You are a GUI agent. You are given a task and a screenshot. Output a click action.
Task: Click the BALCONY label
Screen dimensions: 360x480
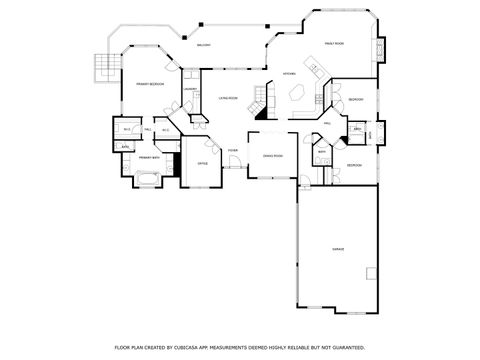203,46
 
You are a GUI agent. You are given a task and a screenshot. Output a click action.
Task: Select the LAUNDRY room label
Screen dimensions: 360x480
188,89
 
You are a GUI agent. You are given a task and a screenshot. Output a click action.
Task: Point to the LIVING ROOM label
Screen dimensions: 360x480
227,98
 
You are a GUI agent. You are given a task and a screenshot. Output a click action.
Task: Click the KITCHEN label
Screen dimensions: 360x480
288,74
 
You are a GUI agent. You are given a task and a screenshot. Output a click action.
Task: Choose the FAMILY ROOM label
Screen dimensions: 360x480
334,44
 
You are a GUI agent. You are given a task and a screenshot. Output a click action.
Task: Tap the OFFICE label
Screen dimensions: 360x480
202,162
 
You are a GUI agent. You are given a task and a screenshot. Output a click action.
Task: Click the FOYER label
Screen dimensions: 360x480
232,151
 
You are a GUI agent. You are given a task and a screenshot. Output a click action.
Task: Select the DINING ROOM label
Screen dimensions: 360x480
273,156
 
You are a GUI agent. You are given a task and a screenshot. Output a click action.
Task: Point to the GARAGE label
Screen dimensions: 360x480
339,247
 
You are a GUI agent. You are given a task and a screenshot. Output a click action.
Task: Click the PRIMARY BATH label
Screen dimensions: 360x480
149,158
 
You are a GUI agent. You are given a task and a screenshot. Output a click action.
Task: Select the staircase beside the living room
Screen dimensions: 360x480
262,97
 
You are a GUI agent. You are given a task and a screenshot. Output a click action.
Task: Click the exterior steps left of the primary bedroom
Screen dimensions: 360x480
100,66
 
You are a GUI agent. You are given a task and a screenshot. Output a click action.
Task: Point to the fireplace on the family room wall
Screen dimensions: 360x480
380,48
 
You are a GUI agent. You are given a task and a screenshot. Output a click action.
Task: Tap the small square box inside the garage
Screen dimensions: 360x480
371,272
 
